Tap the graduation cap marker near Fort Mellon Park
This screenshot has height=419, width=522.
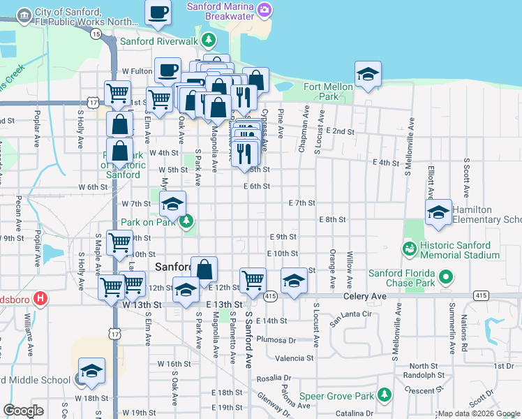[x=368, y=74]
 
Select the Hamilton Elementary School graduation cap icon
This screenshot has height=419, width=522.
[x=438, y=213]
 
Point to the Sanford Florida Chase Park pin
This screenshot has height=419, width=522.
[x=445, y=277]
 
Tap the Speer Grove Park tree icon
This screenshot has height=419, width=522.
[x=385, y=395]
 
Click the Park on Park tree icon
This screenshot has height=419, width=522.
[x=186, y=221]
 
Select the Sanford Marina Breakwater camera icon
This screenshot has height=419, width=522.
[x=264, y=8]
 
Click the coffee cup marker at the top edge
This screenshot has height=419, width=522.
[x=158, y=12]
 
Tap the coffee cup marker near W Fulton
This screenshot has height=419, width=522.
[x=167, y=70]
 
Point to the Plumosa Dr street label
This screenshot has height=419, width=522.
[x=276, y=339]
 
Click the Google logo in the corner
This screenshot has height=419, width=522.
[x=23, y=410]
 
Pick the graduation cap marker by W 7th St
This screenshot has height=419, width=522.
[x=172, y=205]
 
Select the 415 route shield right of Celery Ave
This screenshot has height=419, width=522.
[x=480, y=296]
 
